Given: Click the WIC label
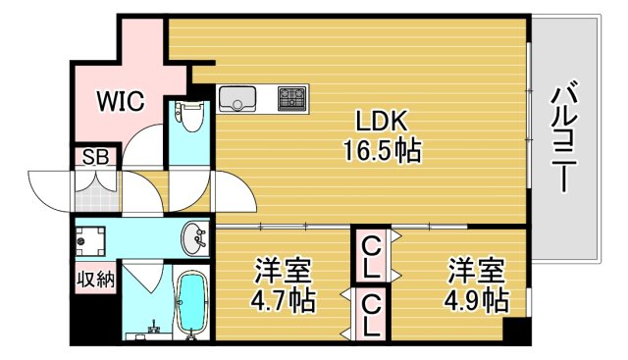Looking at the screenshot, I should (x=119, y=100).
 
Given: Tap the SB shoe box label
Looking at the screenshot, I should (x=94, y=157).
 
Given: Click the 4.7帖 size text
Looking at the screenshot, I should (x=285, y=299).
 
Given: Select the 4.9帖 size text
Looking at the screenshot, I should (x=476, y=299).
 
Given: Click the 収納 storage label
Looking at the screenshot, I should (x=96, y=279).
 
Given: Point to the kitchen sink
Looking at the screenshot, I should (x=237, y=98).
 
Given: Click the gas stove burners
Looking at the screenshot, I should (x=291, y=98).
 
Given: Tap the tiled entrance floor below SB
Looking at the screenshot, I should (x=95, y=192).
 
